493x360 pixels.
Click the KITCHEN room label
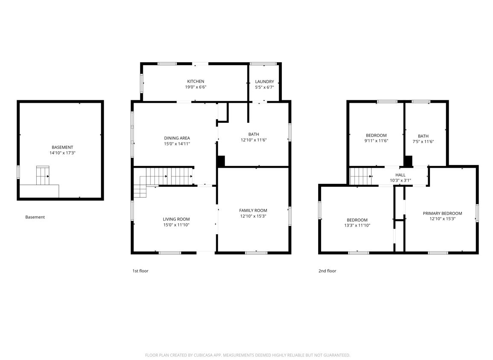196,81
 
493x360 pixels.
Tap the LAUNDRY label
264,81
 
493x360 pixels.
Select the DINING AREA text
177,138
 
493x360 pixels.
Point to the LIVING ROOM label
176,219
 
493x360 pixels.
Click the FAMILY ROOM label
253,210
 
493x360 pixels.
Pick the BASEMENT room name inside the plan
62,147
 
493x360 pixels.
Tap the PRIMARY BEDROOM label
442,213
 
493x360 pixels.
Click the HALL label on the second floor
400,175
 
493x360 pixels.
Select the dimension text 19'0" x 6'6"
196,87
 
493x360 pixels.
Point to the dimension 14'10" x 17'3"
62,153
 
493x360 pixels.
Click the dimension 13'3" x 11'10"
357,226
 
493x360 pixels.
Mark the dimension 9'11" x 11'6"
376,141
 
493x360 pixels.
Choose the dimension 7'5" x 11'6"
423,142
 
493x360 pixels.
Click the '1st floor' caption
140,271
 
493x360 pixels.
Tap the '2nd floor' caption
327,271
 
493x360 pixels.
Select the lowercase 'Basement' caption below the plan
35,217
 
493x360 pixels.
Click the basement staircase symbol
43,175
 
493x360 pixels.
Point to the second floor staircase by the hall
361,176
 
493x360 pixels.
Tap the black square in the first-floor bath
221,161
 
